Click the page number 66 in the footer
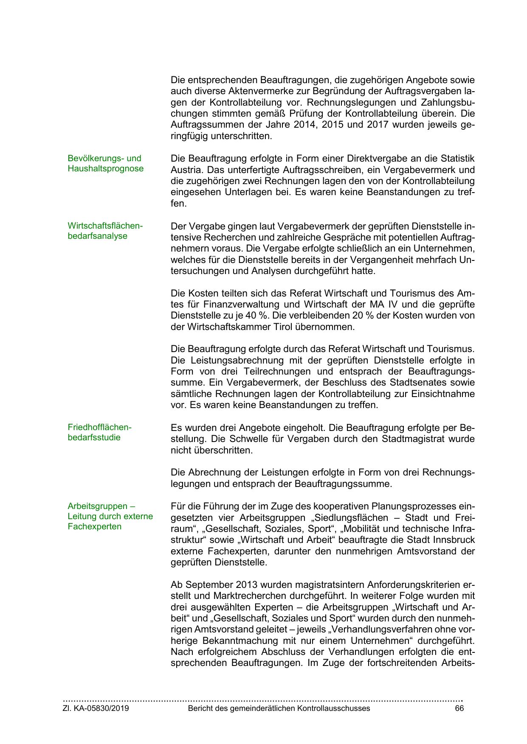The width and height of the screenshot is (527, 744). pyautogui.click(x=459, y=708)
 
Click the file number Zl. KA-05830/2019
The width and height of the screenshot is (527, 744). pyautogui.click(x=96, y=708)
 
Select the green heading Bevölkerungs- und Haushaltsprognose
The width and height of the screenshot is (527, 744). pyautogui.click(x=105, y=163)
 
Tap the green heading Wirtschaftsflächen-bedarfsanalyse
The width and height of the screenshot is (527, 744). pyautogui.click(x=105, y=231)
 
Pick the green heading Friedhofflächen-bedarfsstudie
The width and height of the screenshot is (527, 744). pyautogui.click(x=100, y=432)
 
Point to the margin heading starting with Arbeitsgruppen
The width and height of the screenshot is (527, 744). pyautogui.click(x=110, y=516)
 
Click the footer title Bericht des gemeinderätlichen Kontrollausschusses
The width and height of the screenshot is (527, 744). pyautogui.click(x=279, y=708)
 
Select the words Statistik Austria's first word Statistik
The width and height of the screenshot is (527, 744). pyautogui.click(x=457, y=159)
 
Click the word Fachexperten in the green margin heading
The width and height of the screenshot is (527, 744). pyautogui.click(x=94, y=526)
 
